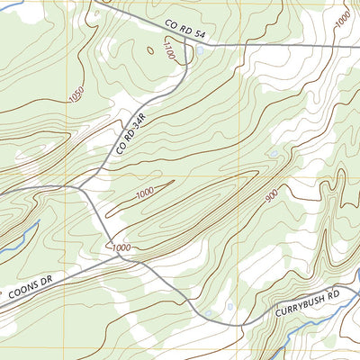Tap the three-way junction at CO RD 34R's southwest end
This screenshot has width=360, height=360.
(x=80, y=187)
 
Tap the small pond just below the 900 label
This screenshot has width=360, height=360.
(x=272, y=154)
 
